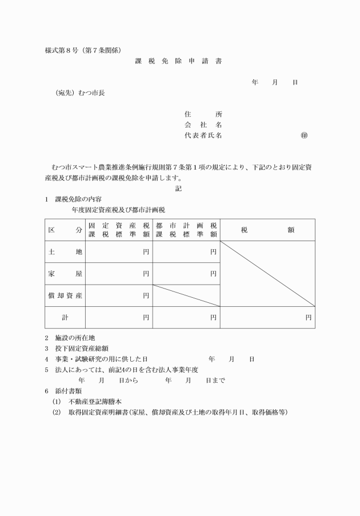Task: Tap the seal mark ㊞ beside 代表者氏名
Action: coord(304,135)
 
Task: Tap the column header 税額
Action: coord(267,230)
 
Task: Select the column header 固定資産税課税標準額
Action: coord(119,230)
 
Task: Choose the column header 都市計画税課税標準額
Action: coord(186,230)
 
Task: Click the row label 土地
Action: coord(65,251)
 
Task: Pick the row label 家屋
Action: coord(65,274)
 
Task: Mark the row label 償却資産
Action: coord(65,295)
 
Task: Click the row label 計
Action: coord(65,317)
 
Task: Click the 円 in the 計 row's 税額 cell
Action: coord(308,317)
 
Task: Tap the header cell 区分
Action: coord(65,230)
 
